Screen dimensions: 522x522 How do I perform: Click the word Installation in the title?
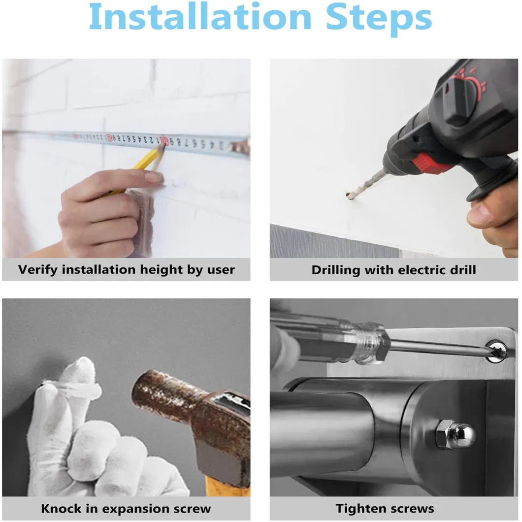[x=200, y=17]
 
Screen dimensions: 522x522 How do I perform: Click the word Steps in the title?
[x=379, y=20]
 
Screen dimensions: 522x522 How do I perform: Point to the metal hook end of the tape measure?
[x=241, y=146]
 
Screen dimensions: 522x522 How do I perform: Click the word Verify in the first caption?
[x=37, y=270]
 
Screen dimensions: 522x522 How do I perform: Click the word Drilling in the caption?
[x=336, y=270]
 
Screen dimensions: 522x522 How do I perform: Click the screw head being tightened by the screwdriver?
[x=496, y=351]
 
